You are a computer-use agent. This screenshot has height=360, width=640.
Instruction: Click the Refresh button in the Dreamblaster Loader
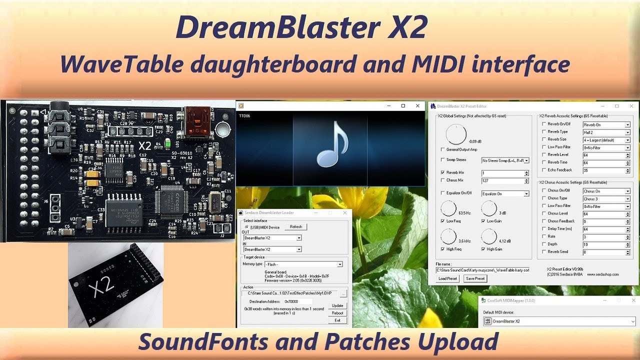click(296, 226)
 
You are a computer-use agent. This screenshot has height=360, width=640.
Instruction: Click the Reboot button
click(337, 313)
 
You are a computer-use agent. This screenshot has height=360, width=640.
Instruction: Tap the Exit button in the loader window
click(337, 320)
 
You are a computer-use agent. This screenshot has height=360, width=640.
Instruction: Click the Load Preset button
click(448, 278)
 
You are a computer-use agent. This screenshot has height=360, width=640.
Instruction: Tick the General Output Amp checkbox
click(442, 149)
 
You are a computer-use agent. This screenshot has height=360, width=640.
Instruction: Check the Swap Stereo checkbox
click(442, 160)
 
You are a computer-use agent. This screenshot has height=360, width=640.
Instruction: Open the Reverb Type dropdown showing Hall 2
click(606, 132)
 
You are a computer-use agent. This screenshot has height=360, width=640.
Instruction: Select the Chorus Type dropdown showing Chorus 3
click(606, 199)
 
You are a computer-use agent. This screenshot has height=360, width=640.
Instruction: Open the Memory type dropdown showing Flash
click(299, 264)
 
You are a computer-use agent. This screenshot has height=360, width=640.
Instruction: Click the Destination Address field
click(298, 301)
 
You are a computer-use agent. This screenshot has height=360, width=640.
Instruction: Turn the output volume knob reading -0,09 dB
click(455, 134)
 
